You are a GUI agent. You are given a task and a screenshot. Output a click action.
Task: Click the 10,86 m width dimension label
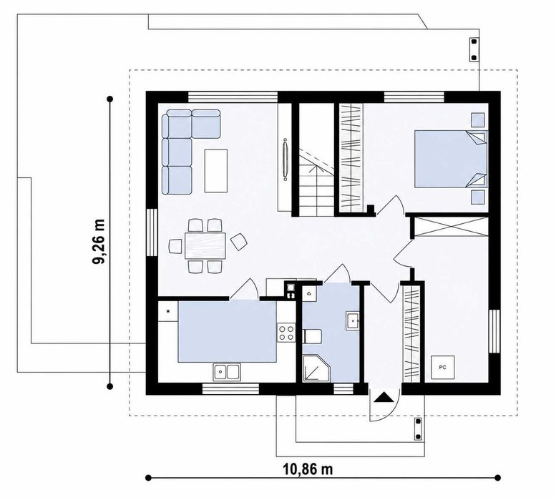(x=308, y=469)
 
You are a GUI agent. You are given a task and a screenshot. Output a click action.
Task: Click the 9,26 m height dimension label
(x=99, y=242)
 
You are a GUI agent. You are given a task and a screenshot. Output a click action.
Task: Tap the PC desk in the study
(x=442, y=368)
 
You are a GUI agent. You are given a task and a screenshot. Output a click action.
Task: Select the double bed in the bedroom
(x=451, y=158)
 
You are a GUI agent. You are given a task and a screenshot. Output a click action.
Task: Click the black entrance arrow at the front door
(x=384, y=396)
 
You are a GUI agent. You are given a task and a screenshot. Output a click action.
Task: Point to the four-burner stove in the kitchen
(x=286, y=333)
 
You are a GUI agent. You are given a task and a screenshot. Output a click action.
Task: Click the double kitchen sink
(x=227, y=372)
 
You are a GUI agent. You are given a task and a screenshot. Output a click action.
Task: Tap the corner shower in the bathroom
(x=316, y=368)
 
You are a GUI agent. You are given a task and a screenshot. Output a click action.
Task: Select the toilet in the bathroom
(x=312, y=336)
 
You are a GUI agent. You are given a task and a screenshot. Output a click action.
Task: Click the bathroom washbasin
(x=353, y=320)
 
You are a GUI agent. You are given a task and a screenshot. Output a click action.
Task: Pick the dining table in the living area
(x=205, y=245)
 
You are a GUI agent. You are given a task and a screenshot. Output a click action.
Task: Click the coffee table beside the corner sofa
(x=215, y=171)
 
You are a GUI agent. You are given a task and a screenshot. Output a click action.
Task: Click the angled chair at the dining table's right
(x=239, y=242)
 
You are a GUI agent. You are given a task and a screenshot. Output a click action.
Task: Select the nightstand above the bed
(x=477, y=119)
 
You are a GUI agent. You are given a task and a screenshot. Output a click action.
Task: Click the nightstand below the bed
(x=477, y=197)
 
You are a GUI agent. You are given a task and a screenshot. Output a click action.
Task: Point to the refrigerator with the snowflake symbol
(x=168, y=311)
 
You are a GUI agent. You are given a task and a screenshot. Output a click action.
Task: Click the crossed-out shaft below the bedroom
(x=450, y=227)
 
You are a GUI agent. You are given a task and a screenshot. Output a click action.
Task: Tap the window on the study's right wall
(x=494, y=331)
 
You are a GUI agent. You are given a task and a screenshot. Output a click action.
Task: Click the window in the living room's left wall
(x=152, y=232)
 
